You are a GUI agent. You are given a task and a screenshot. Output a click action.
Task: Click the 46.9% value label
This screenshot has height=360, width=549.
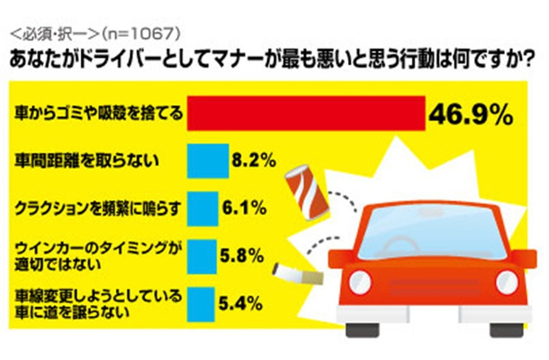point(472,115)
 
